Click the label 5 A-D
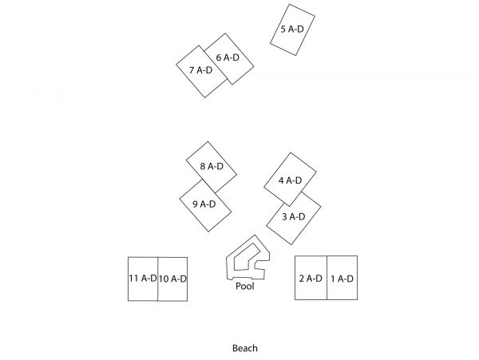(x=292, y=30)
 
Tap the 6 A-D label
(x=228, y=57)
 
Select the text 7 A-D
(x=200, y=70)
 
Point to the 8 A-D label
(x=212, y=166)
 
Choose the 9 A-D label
(x=204, y=204)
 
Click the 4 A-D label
(x=291, y=180)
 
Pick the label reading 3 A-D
(x=294, y=217)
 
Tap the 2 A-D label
(x=311, y=279)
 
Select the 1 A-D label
(x=342, y=279)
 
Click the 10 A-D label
(x=172, y=279)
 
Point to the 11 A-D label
(x=143, y=278)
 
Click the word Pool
(x=245, y=286)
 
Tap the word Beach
(x=245, y=348)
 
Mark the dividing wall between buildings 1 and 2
(x=327, y=278)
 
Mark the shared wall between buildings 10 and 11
(x=157, y=279)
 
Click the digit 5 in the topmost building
(x=283, y=30)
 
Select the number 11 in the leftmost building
(x=134, y=278)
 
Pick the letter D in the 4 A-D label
(x=299, y=180)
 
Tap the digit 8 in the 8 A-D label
(x=203, y=166)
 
